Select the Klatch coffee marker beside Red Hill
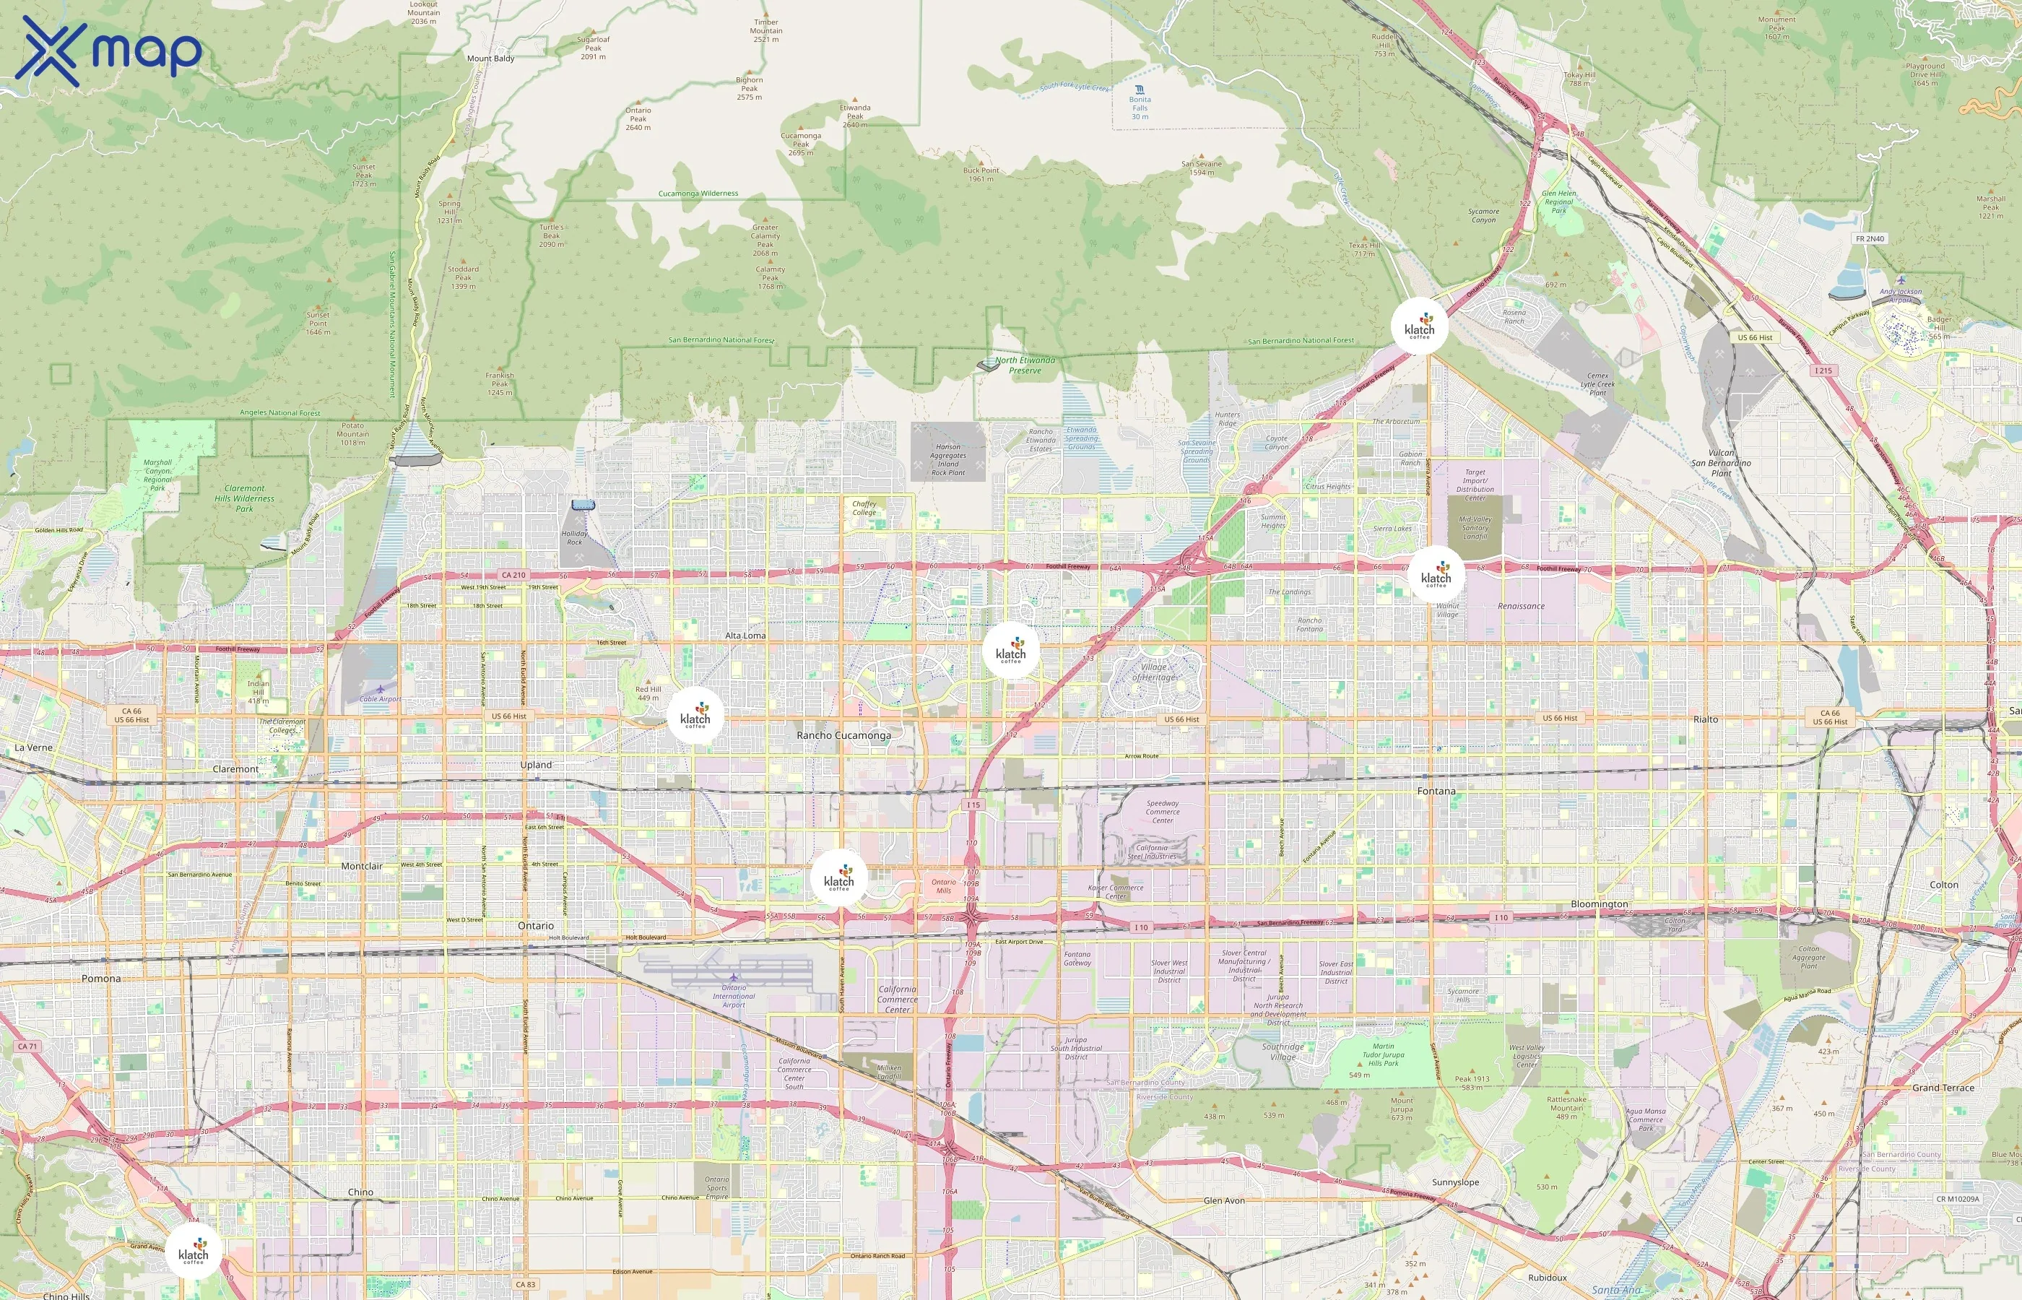[x=695, y=716]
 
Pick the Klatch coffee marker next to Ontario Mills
[x=839, y=878]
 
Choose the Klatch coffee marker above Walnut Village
[x=1436, y=574]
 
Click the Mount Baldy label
[x=490, y=58]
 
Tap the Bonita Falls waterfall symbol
[x=1140, y=89]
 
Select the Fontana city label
[x=1436, y=791]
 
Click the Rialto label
[x=1706, y=719]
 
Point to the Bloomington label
[x=1600, y=903]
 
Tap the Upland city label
[x=536, y=765]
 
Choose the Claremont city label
[x=235, y=769]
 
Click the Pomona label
[x=101, y=979]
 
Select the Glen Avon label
[x=1223, y=1200]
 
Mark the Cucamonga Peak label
[x=801, y=144]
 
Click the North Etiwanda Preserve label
[x=1025, y=365]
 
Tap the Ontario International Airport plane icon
[x=734, y=978]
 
